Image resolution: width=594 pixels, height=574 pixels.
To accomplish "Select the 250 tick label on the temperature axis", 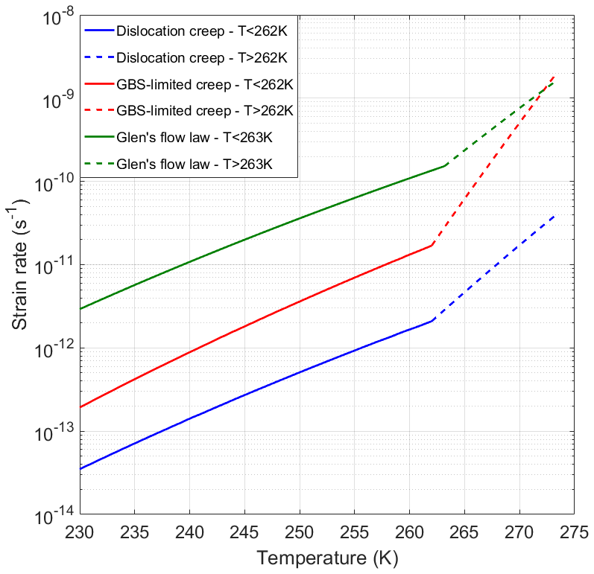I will pyautogui.click(x=299, y=531).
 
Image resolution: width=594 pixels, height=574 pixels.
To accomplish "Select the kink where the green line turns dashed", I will pyautogui.click(x=445, y=165).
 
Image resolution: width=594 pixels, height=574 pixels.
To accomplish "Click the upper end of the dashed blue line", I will pyautogui.click(x=554, y=216).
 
